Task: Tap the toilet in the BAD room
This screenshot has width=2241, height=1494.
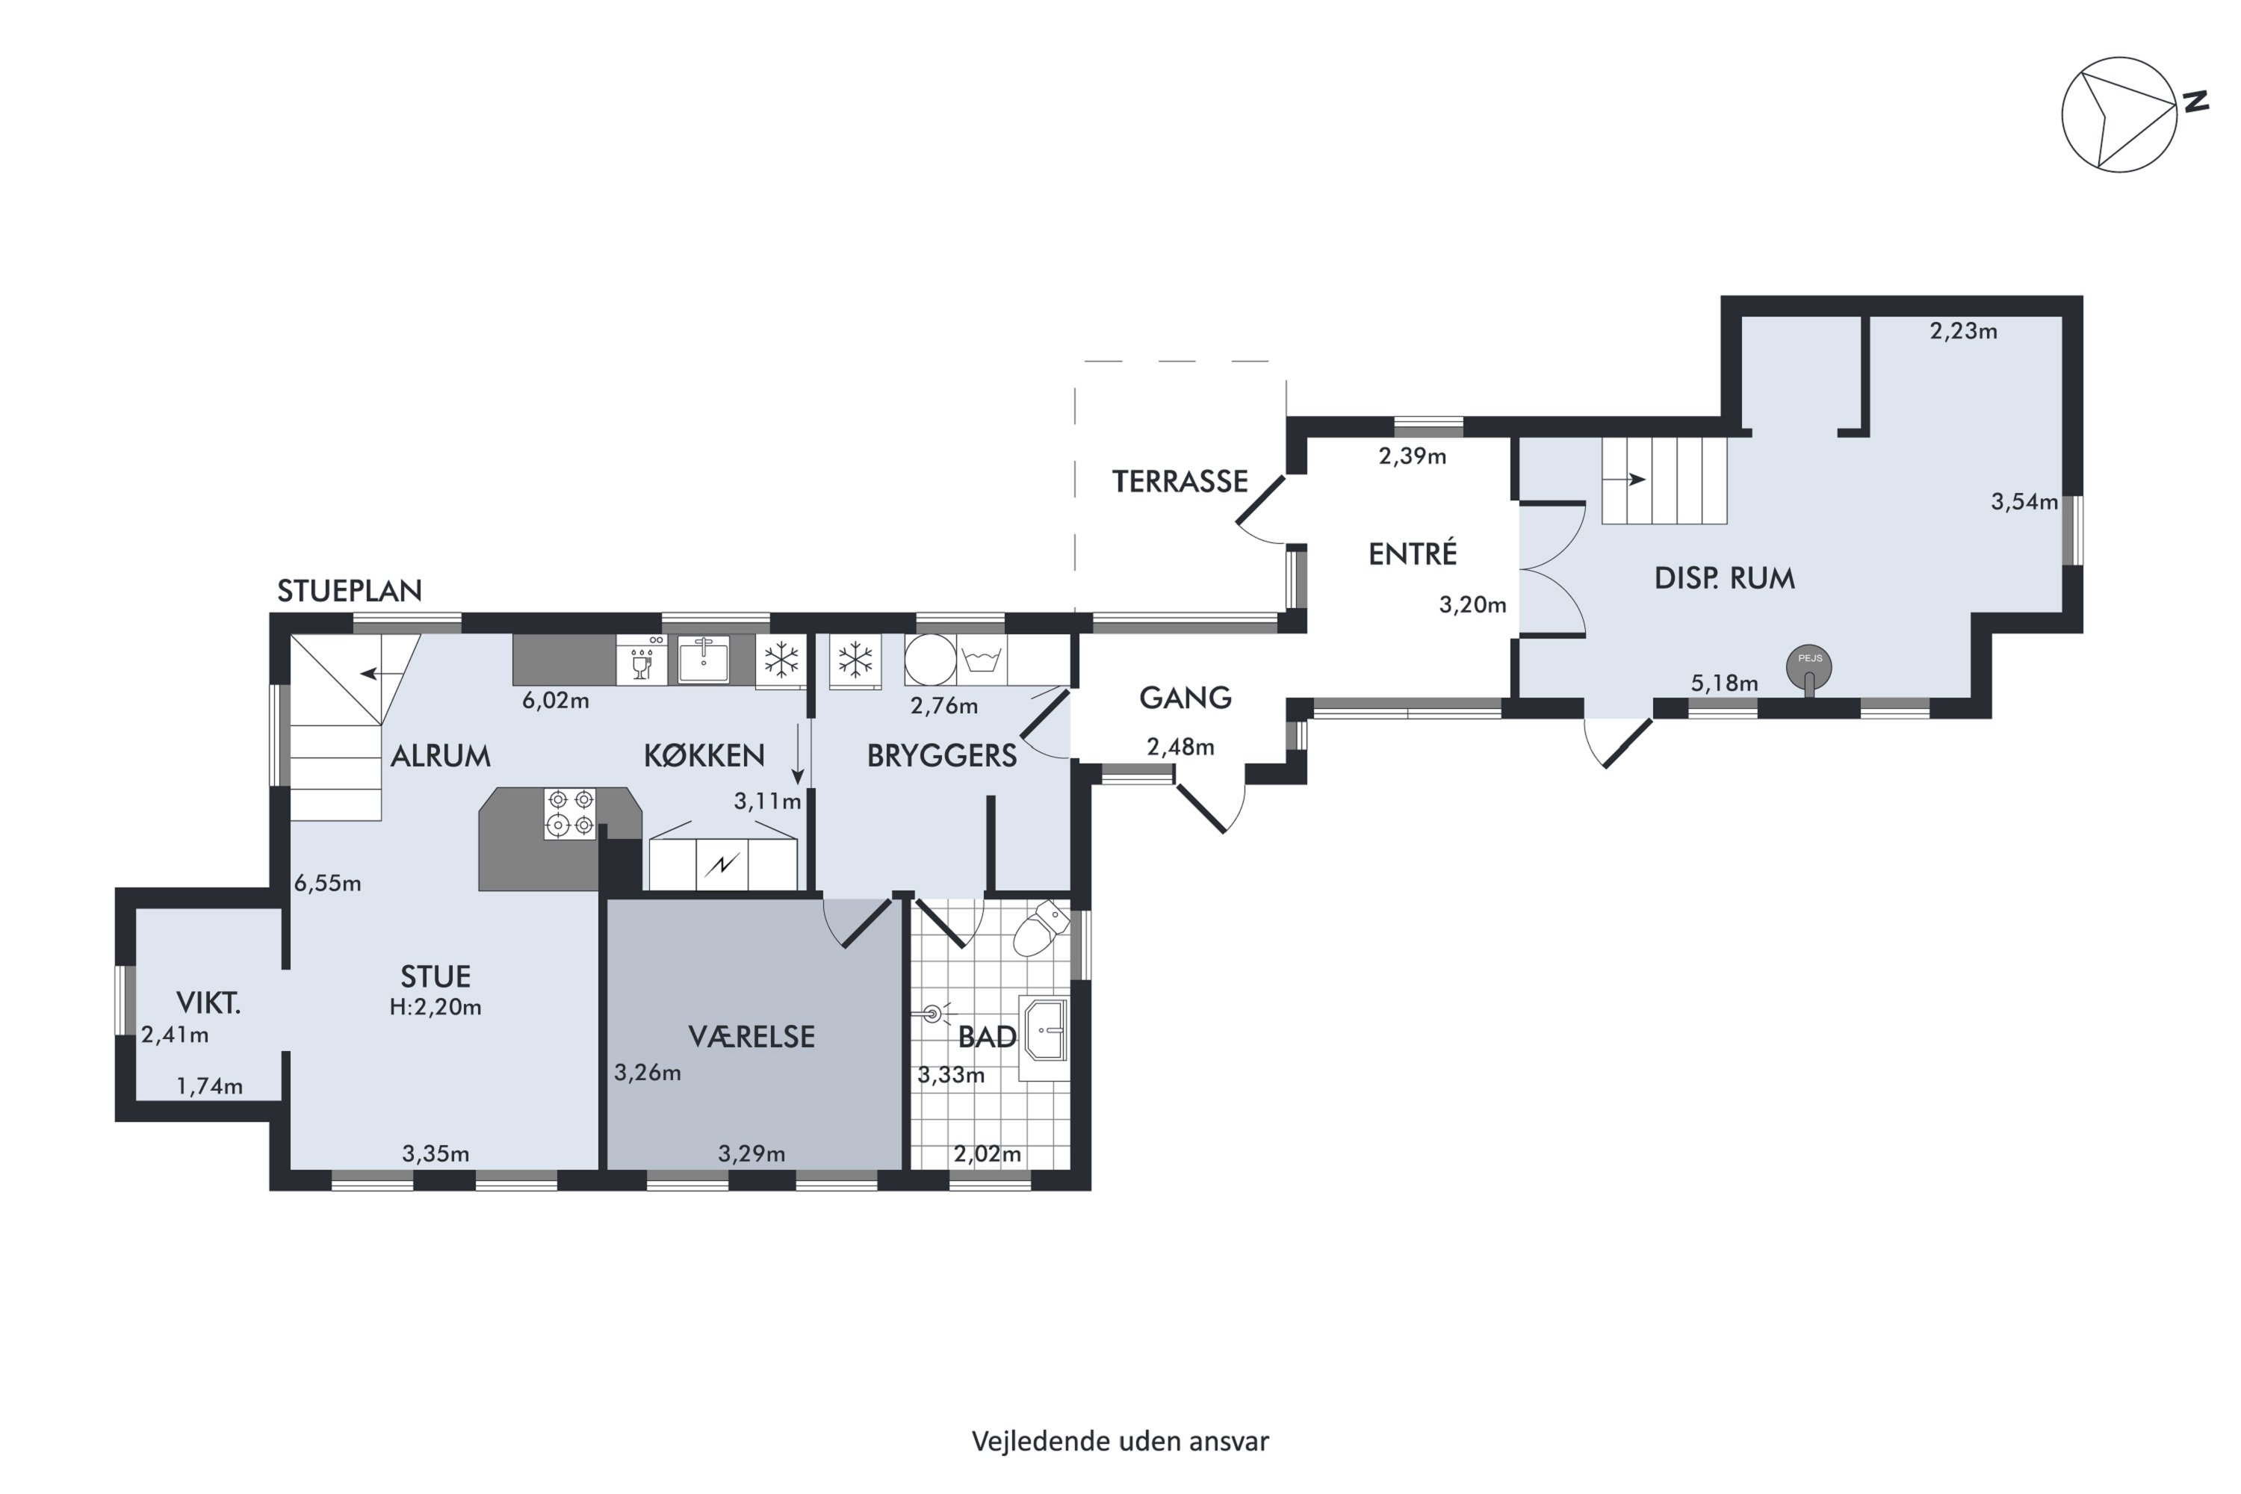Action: (1040, 927)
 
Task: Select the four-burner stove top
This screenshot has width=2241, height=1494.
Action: (571, 813)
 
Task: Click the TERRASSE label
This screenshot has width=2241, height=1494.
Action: (1180, 481)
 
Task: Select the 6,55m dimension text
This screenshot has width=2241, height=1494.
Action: (328, 883)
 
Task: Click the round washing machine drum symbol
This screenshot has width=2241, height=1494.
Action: (930, 660)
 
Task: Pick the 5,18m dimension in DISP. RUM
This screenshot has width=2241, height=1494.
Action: (1725, 684)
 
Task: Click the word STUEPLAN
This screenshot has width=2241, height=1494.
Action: (350, 591)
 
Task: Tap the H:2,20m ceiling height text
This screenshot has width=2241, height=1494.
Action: (436, 1006)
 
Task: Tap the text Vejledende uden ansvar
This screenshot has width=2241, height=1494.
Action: (1120, 1441)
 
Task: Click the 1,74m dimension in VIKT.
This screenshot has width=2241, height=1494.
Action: (210, 1085)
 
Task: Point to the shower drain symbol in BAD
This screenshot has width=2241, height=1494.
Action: (932, 1014)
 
